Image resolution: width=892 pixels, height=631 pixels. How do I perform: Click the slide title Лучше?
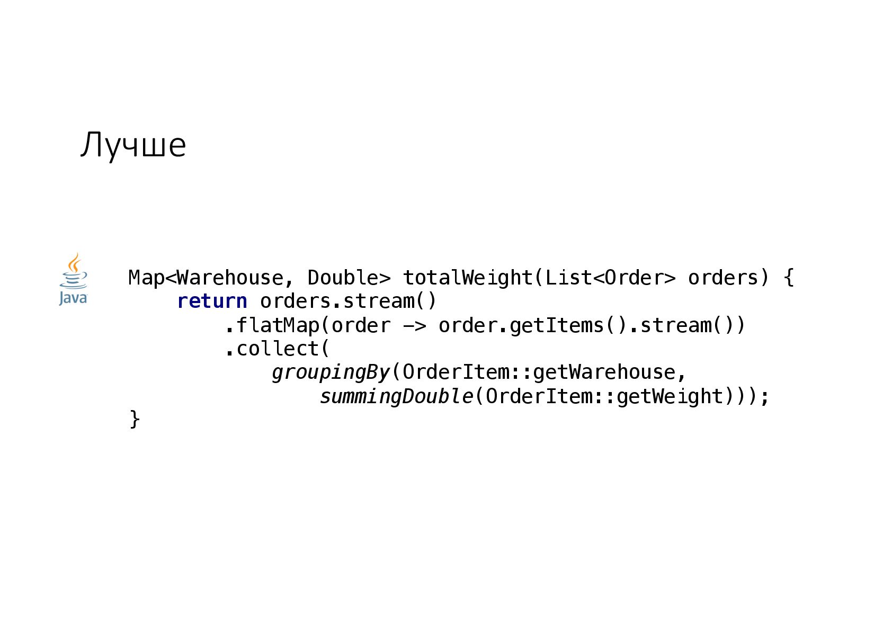[133, 145]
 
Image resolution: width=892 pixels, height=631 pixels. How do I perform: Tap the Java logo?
[73, 279]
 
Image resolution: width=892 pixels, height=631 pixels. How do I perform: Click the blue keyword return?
[212, 301]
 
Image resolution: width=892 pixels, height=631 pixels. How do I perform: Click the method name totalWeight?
[467, 278]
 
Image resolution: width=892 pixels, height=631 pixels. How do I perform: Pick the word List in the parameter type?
[568, 278]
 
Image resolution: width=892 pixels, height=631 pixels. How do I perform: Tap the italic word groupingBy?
[331, 372]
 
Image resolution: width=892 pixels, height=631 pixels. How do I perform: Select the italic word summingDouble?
[396, 396]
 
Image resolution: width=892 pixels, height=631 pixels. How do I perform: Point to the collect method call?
[277, 349]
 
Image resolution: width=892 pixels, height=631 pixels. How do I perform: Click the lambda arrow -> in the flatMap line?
[414, 325]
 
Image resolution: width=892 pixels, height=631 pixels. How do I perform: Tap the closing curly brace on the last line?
[135, 419]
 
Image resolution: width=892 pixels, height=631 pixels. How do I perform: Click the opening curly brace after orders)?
[789, 278]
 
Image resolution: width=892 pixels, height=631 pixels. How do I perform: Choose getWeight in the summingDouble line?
[670, 396]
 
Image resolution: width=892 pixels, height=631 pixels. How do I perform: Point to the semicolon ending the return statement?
[764, 396]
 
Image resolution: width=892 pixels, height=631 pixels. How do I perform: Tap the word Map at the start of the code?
[146, 278]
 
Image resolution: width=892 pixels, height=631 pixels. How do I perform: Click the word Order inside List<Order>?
[634, 278]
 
